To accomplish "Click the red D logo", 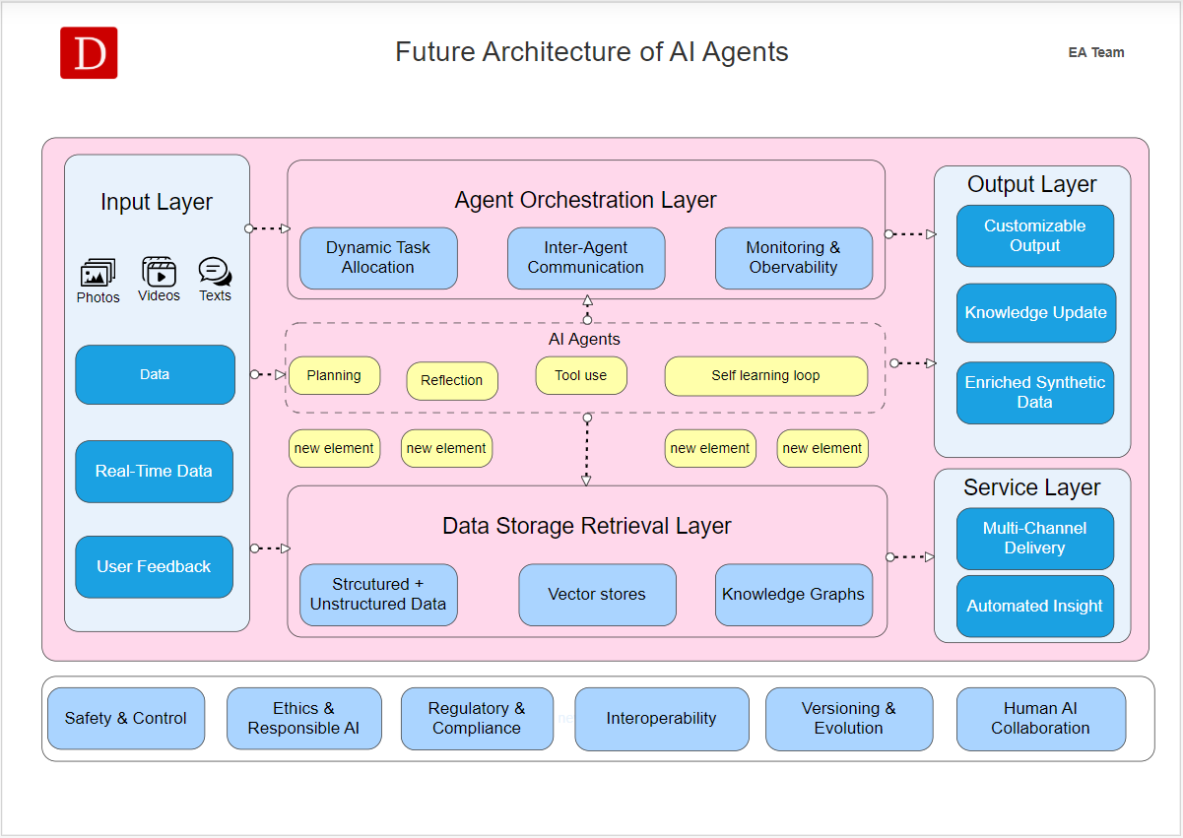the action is click(89, 53).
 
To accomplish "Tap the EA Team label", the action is click(1096, 52).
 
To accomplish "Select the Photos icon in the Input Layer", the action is click(98, 272).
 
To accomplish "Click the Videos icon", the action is click(159, 272).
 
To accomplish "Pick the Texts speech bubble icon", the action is click(215, 272).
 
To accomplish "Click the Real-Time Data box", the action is click(155, 471).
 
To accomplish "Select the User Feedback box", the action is click(155, 566).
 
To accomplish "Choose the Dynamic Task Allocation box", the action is click(378, 258).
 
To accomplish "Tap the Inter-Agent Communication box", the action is click(586, 258).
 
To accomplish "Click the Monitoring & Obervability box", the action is click(793, 258).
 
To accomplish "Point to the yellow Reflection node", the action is click(452, 380).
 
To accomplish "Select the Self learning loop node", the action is click(765, 375).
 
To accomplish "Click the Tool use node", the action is click(581, 375).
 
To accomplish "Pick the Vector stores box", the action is click(597, 595).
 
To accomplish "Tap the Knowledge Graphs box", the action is click(793, 595).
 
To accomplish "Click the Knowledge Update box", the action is click(1035, 312).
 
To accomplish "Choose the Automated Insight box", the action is click(1034, 606).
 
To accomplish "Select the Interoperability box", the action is click(661, 718).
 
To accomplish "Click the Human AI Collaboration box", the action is click(1040, 718).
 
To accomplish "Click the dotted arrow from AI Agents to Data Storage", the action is click(587, 450).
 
